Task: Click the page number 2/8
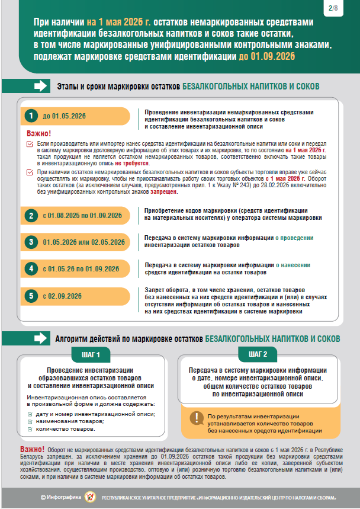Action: pyautogui.click(x=333, y=8)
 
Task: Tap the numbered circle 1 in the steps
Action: pyautogui.click(x=29, y=116)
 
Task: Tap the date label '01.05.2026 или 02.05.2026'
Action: pyautogui.click(x=83, y=242)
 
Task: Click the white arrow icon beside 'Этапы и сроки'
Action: pyautogui.click(x=41, y=87)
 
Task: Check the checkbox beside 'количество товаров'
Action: pyautogui.click(x=31, y=428)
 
